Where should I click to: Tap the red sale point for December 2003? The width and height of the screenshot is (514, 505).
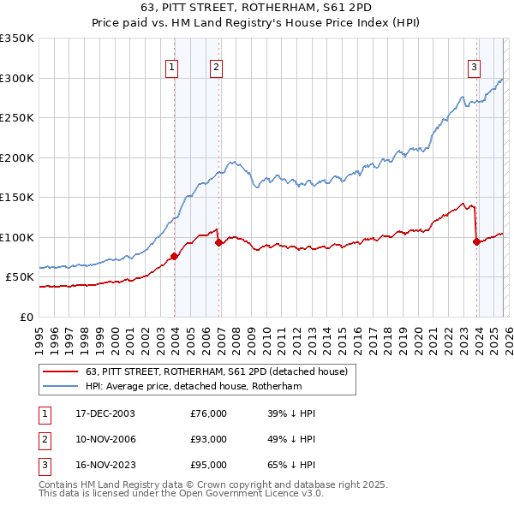[x=174, y=256]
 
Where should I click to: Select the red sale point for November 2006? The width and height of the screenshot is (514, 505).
[x=218, y=242]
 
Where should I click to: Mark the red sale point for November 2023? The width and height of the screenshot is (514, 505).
[x=476, y=241]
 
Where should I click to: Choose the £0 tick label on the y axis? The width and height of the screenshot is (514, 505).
[x=26, y=317]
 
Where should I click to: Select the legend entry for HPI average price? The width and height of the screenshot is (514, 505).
[x=194, y=386]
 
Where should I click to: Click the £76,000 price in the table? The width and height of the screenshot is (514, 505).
[x=209, y=413]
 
